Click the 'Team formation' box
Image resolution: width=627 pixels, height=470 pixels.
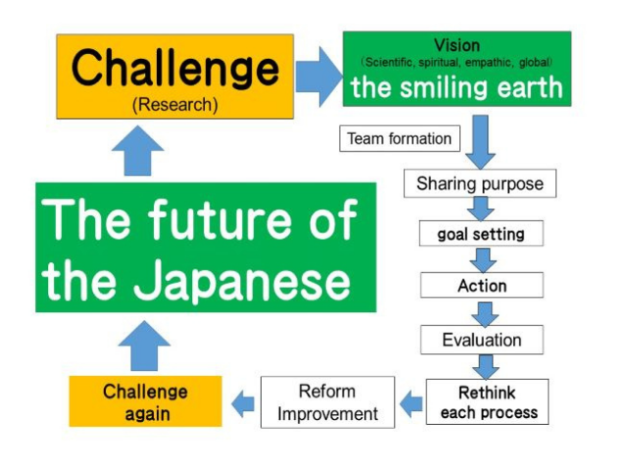400,139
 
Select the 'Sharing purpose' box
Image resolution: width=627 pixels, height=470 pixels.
480,183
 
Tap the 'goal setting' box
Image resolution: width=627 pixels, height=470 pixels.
481,233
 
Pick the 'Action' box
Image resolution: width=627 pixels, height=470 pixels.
482,285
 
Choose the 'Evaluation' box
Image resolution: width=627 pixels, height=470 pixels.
482,340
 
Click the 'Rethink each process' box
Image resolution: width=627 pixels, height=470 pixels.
487,401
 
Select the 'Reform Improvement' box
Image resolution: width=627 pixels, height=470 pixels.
327,402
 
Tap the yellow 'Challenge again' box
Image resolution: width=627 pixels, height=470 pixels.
146,401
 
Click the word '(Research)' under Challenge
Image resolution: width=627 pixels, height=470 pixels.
175,105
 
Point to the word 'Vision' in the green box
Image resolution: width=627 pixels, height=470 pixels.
458,45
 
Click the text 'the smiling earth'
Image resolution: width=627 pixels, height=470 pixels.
457,87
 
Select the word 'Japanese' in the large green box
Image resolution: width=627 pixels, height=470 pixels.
242,280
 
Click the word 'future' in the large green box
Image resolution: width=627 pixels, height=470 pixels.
219,219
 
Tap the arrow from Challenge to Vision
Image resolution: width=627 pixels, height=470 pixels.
318,76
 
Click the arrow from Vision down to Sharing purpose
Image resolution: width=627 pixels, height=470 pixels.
480,142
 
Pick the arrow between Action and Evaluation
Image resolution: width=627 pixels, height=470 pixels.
485,314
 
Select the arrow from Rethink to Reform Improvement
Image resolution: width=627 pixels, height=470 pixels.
411,403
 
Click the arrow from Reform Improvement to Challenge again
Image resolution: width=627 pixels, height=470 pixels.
243,403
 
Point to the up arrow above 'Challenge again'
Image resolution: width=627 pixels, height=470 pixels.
144,346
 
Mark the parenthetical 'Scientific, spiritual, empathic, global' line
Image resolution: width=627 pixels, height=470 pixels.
457,63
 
